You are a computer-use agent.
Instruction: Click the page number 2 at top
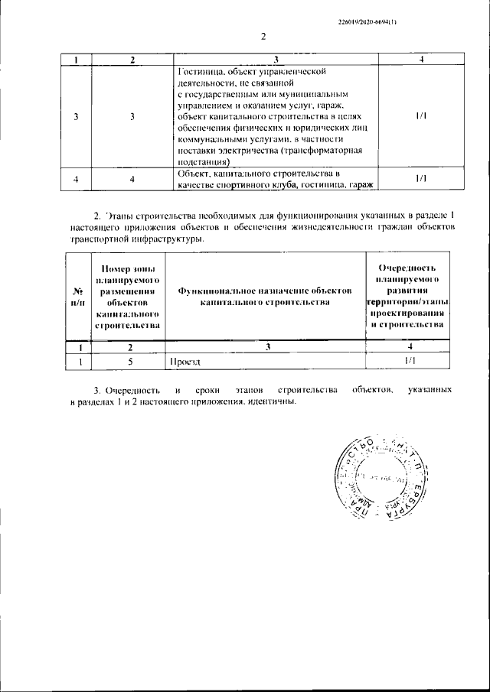tap(262, 37)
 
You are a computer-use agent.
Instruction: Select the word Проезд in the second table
tap(185, 361)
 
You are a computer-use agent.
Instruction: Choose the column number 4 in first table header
tap(421, 60)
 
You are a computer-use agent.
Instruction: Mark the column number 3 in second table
tap(268, 347)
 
